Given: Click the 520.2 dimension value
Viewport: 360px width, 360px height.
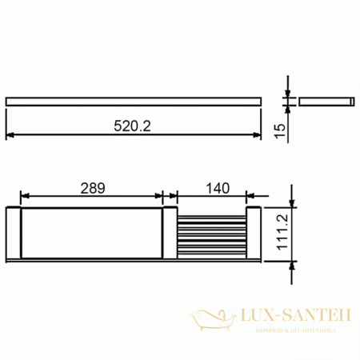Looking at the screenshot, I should tap(133, 126).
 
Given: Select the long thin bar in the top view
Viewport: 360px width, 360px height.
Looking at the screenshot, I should tap(133, 101).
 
